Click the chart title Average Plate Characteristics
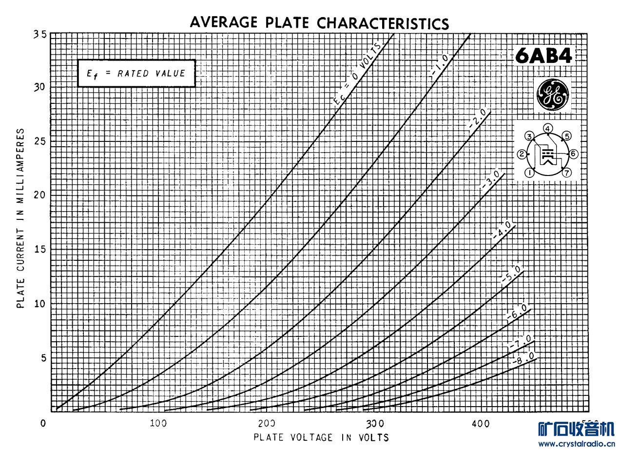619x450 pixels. (319, 22)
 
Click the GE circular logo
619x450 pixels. (552, 94)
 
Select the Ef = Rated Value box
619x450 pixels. (136, 74)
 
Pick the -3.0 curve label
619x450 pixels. (490, 180)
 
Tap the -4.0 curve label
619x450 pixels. (502, 230)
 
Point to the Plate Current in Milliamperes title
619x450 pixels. (21, 218)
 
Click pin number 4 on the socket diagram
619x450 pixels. (548, 129)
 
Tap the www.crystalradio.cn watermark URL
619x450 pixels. (576, 444)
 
